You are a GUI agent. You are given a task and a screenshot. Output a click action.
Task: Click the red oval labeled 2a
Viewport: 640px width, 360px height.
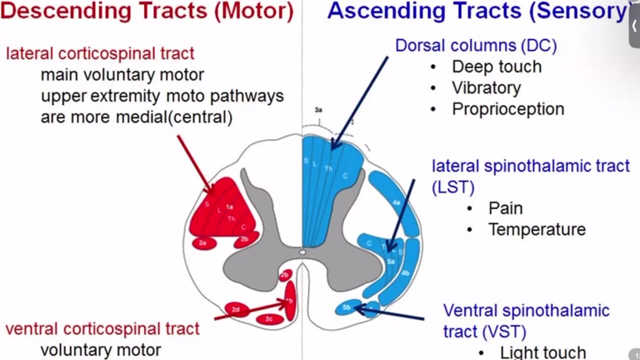pyautogui.click(x=204, y=243)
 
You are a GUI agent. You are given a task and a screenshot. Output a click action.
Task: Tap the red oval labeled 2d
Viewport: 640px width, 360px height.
pyautogui.click(x=236, y=310)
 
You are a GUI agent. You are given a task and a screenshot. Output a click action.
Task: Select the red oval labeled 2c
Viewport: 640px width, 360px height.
pyautogui.click(x=269, y=318)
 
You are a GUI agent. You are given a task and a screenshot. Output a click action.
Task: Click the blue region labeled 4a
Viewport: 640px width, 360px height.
pyautogui.click(x=396, y=202)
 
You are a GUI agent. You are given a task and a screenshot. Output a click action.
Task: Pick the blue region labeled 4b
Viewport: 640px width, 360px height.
pyautogui.click(x=405, y=273)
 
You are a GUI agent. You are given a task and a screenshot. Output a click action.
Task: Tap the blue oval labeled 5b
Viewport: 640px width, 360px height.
pyautogui.click(x=346, y=307)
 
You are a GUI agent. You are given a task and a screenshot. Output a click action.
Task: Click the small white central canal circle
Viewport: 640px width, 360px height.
pyautogui.click(x=302, y=252)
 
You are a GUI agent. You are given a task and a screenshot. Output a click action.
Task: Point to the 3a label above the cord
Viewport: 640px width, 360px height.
pyautogui.click(x=318, y=108)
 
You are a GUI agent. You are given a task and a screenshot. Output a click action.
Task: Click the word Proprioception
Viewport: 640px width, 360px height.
pyautogui.click(x=508, y=109)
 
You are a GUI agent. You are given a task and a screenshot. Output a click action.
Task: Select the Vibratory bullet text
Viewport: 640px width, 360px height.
pyautogui.click(x=486, y=88)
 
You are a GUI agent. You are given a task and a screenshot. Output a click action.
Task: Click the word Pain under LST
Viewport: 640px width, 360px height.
pyautogui.click(x=505, y=208)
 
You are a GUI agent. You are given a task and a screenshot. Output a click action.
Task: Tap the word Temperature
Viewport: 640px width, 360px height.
pyautogui.click(x=537, y=229)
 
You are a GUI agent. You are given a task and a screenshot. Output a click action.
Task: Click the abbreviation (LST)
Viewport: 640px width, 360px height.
pyautogui.click(x=453, y=187)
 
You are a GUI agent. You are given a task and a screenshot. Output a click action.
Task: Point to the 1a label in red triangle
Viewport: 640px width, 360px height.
pyautogui.click(x=229, y=206)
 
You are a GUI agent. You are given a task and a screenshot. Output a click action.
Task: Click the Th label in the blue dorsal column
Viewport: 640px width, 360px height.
pyautogui.click(x=328, y=169)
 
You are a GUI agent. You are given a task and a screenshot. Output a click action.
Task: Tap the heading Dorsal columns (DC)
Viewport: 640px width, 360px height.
pyautogui.click(x=476, y=45)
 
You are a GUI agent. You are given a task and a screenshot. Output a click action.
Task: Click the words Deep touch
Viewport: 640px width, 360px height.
pyautogui.click(x=496, y=66)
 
